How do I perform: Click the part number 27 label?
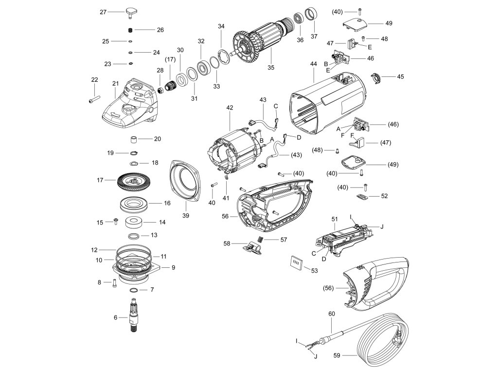103,12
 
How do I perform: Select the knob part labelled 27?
132,12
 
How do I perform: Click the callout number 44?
313,64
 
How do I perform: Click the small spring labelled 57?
260,240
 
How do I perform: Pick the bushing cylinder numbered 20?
132,140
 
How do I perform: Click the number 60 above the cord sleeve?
332,314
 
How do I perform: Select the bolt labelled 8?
113,281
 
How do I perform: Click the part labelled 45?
375,77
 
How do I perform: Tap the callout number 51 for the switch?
334,219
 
